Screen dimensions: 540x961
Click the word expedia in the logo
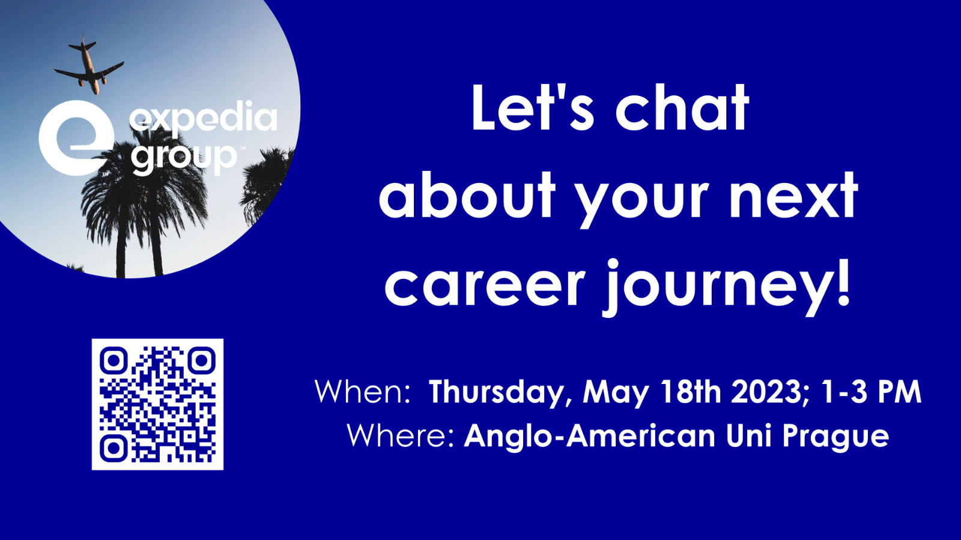204,119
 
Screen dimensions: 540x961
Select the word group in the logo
184,157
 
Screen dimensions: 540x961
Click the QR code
157,404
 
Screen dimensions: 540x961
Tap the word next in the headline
793,196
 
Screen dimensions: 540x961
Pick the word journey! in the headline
727,286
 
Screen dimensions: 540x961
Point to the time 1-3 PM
871,392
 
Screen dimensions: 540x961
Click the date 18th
690,392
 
